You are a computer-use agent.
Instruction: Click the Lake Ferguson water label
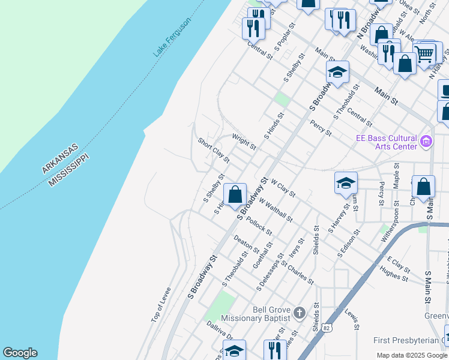[x=172, y=37]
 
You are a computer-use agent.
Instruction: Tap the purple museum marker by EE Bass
[x=426, y=142]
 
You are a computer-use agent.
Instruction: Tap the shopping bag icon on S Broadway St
[x=235, y=194]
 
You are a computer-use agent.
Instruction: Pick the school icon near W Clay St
[x=346, y=183]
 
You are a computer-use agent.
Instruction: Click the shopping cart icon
[x=424, y=53]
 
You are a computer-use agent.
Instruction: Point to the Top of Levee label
[x=161, y=305]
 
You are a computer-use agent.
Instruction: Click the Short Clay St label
[x=214, y=150]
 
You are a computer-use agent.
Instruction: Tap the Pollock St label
[x=259, y=226]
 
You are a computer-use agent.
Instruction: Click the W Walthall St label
[x=276, y=210]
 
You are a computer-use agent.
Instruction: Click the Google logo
[x=20, y=353]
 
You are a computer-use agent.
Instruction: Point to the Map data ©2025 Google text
[x=412, y=355]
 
